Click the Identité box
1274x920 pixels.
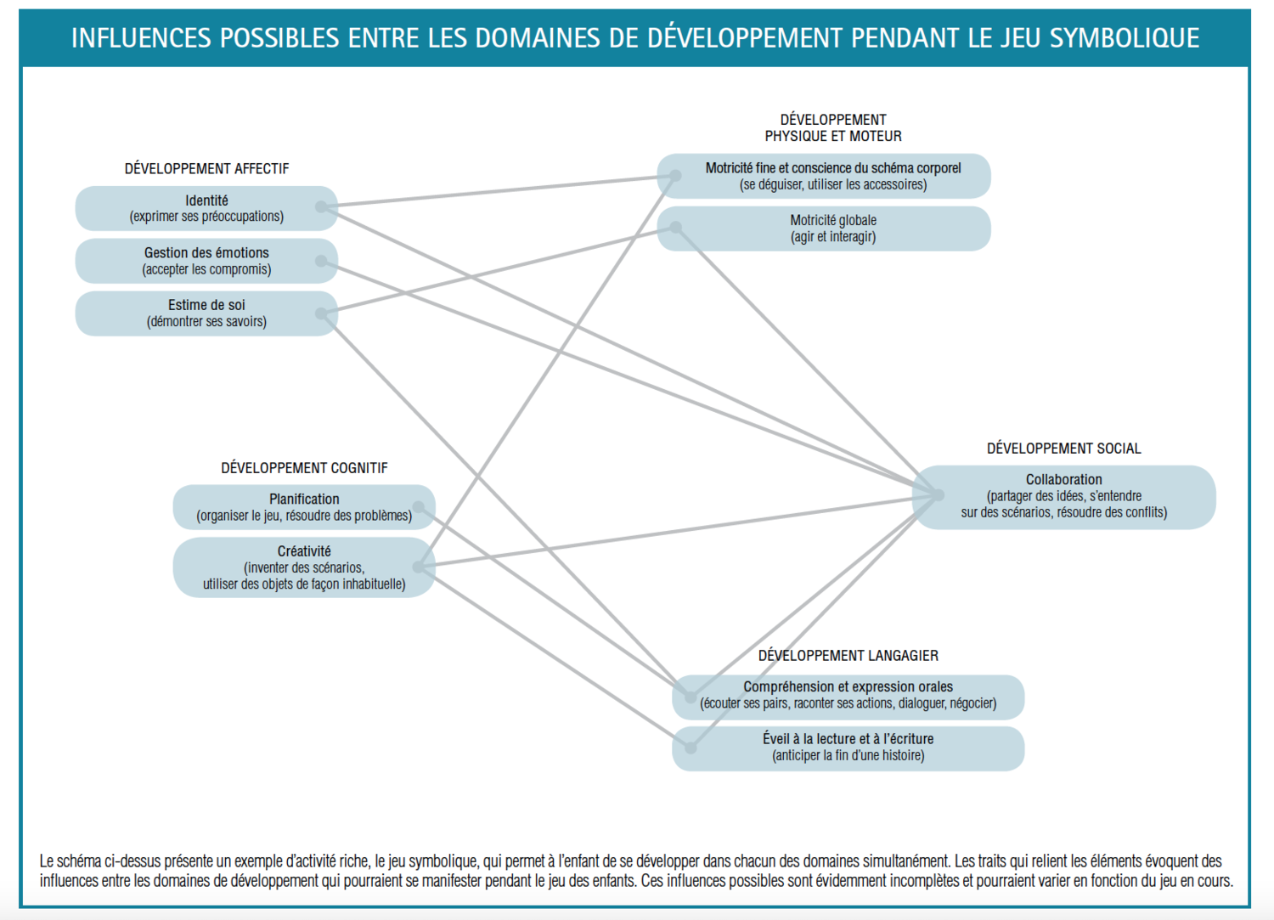coord(206,208)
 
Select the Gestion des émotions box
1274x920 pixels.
coord(206,261)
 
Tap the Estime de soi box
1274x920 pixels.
coord(206,313)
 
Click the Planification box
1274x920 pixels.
coord(304,507)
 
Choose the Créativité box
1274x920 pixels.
coord(304,567)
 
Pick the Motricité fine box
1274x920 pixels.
coord(832,176)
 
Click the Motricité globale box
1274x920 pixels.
coord(832,229)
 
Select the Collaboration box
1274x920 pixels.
coord(1063,496)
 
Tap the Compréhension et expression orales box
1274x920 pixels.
coord(848,695)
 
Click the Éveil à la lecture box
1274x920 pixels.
coord(848,748)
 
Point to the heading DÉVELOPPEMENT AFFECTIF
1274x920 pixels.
coord(206,169)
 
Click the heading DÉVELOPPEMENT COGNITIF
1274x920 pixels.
coord(304,468)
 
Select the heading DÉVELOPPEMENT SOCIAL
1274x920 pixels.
coord(1063,449)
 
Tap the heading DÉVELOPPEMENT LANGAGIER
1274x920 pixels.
coord(848,656)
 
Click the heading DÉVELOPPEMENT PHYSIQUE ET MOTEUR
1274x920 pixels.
coord(832,127)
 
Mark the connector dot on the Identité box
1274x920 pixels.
coord(321,206)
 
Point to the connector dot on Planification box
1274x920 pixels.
coord(419,507)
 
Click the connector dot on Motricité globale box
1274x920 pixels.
coord(676,227)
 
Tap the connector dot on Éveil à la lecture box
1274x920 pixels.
coord(691,748)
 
